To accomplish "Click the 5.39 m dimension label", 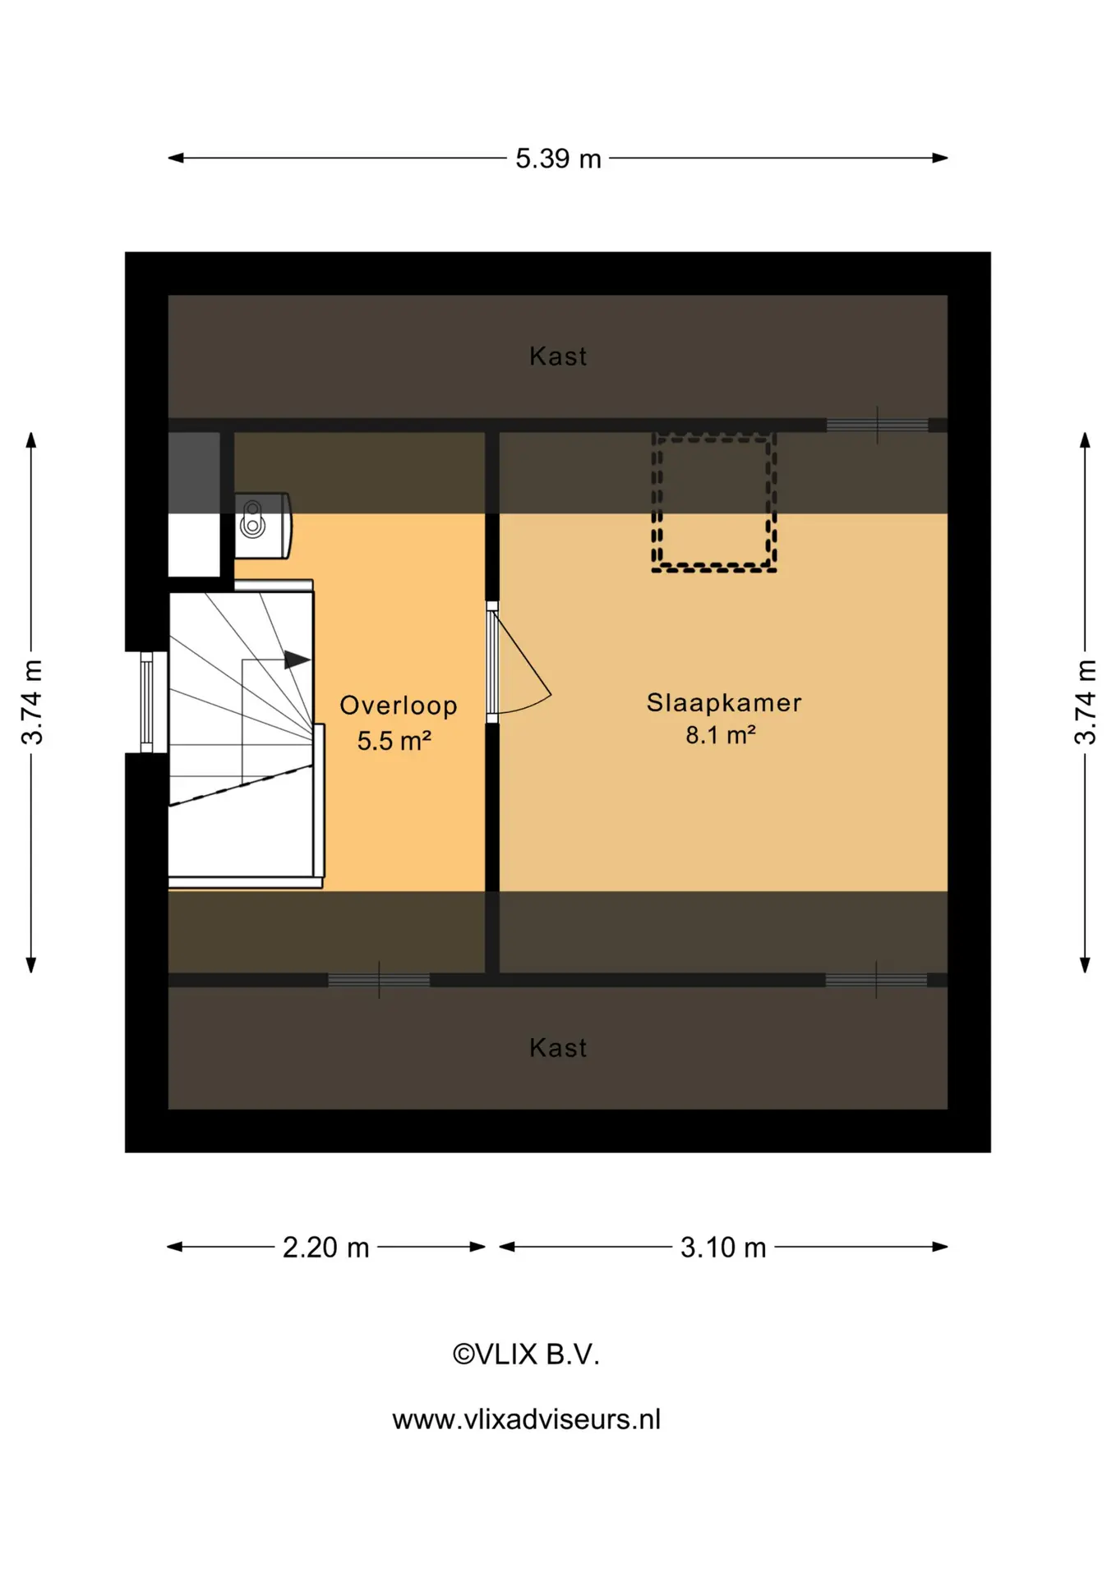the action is click(x=558, y=159).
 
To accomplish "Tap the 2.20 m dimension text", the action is click(x=325, y=1248).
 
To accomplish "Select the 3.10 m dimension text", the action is click(x=723, y=1248).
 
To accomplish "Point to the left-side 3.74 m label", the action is click(x=31, y=702).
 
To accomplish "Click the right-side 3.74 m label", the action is click(x=1085, y=702).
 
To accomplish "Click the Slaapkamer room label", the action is click(x=724, y=703).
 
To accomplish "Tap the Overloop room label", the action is click(x=399, y=706).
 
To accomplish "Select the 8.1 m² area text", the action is click(x=721, y=734).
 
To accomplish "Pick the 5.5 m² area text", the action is click(x=394, y=741).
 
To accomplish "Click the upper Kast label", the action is click(x=558, y=356).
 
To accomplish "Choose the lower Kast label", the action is click(x=558, y=1048).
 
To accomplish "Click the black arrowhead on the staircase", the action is click(x=297, y=660).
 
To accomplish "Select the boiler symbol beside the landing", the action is click(x=262, y=526).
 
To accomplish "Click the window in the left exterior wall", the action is click(x=147, y=702).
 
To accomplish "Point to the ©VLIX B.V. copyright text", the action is click(x=526, y=1354).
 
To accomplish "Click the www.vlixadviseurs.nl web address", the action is click(x=526, y=1419).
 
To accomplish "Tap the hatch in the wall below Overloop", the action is click(x=379, y=980).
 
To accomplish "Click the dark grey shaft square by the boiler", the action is click(x=194, y=473).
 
